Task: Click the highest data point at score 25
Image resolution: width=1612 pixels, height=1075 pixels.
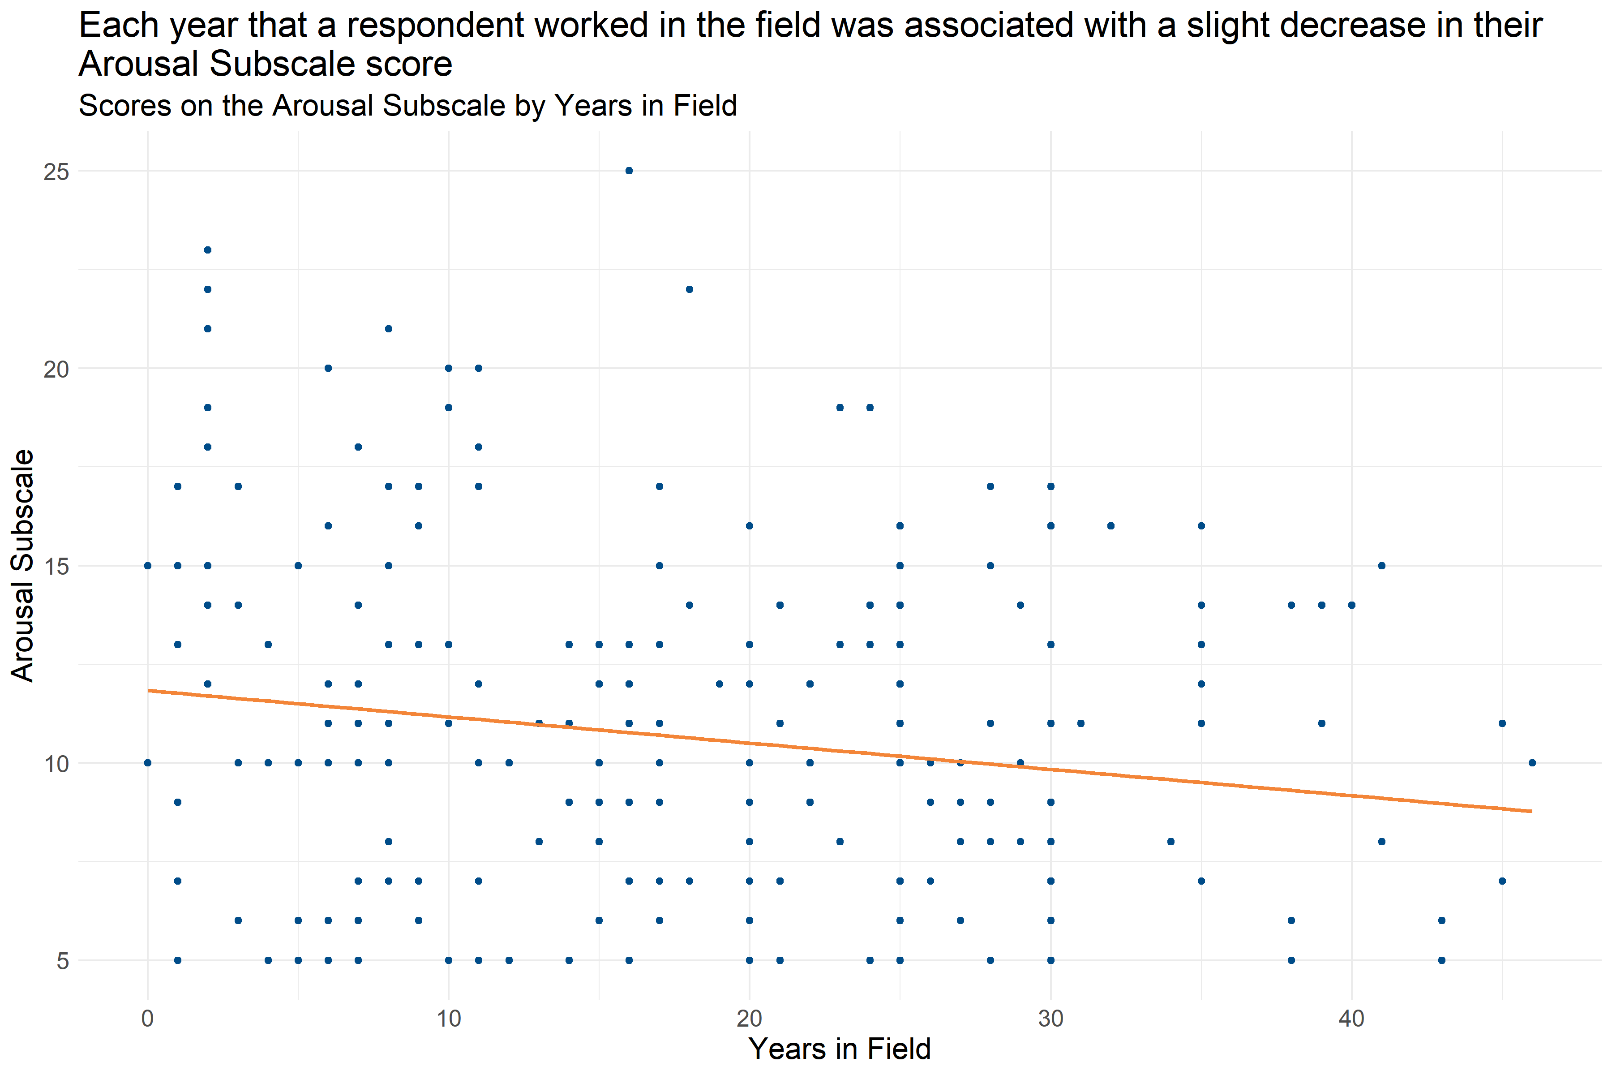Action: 629,171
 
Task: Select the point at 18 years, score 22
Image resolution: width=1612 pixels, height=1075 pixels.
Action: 690,289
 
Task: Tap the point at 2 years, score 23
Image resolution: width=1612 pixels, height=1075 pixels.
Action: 208,249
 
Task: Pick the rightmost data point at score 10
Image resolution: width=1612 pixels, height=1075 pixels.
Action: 1532,762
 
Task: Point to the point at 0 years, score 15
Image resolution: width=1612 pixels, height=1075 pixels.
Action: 147,566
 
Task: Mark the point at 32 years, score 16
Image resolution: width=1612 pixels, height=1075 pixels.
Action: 1111,526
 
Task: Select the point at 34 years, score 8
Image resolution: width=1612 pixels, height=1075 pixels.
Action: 1170,841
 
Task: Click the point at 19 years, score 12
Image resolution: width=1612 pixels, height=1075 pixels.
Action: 720,684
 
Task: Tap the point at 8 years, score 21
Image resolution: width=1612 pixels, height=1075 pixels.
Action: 389,328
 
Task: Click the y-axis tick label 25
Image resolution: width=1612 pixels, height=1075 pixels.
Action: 56,172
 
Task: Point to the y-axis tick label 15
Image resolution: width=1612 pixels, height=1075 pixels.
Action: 56,566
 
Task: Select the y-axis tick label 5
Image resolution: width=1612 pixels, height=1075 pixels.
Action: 62,960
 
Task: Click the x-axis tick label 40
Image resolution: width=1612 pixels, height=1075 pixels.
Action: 1351,1019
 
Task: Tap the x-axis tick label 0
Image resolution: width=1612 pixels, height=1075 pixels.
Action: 147,1019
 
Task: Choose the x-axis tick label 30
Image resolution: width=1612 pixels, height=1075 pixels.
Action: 1050,1019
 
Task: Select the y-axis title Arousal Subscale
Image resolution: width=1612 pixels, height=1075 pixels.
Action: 23,566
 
